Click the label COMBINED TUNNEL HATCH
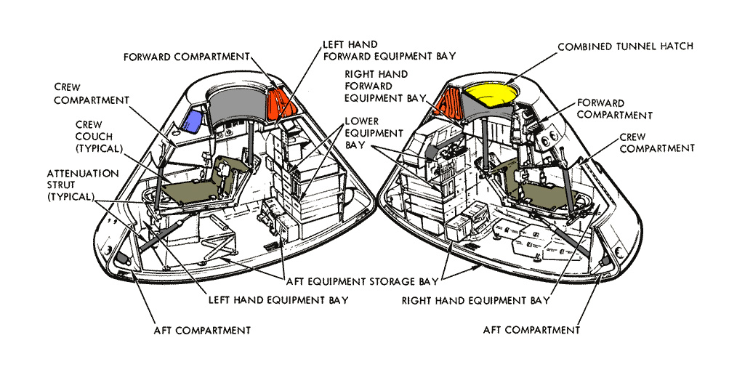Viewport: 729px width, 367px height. coord(625,47)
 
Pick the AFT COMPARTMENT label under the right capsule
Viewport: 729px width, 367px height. coord(531,330)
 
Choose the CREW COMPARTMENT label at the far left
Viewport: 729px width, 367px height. coord(92,94)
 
